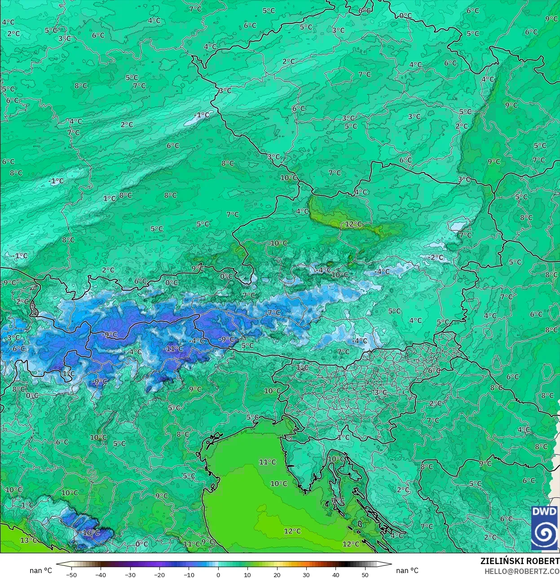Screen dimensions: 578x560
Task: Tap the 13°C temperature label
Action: pos(28,540)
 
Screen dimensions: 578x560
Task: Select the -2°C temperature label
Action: pos(435,258)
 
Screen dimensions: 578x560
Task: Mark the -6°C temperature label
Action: pos(18,349)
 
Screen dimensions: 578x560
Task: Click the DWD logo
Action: pos(544,528)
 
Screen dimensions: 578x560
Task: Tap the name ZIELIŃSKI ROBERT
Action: pos(520,561)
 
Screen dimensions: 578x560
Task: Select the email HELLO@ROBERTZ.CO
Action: pos(522,571)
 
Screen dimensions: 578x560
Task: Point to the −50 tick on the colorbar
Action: pos(71,574)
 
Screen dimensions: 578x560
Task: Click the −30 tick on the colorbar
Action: pos(130,574)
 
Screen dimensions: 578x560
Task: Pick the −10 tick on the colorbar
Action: pos(189,574)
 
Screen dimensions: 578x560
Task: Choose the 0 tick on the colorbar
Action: pos(218,574)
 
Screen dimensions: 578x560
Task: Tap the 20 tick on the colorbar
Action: pos(277,574)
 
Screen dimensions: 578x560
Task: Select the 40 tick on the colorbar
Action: pos(336,574)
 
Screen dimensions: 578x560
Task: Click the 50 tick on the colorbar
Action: pos(365,574)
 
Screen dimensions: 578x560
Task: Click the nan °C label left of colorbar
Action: pos(41,571)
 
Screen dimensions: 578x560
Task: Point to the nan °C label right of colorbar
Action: pos(407,571)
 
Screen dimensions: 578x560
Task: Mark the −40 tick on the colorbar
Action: pos(101,574)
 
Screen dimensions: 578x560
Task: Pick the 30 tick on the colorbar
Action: pos(306,574)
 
